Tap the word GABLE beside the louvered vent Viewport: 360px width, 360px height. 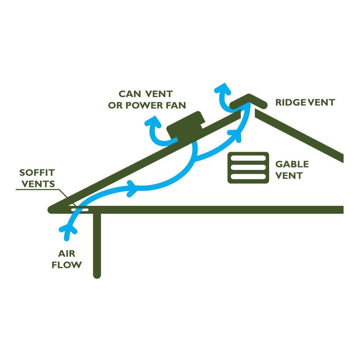click(x=292, y=164)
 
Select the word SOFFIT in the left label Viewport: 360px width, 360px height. click(x=37, y=173)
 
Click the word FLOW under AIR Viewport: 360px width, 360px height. click(x=66, y=265)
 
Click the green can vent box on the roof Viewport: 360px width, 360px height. click(x=186, y=125)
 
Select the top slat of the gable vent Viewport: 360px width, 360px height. click(x=248, y=158)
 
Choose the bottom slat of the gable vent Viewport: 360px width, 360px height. click(x=248, y=176)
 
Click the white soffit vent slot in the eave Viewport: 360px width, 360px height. click(x=79, y=210)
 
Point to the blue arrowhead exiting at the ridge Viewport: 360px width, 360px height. click(x=223, y=89)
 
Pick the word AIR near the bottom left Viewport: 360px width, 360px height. click(x=66, y=254)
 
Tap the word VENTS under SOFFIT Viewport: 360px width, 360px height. click(x=38, y=184)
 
